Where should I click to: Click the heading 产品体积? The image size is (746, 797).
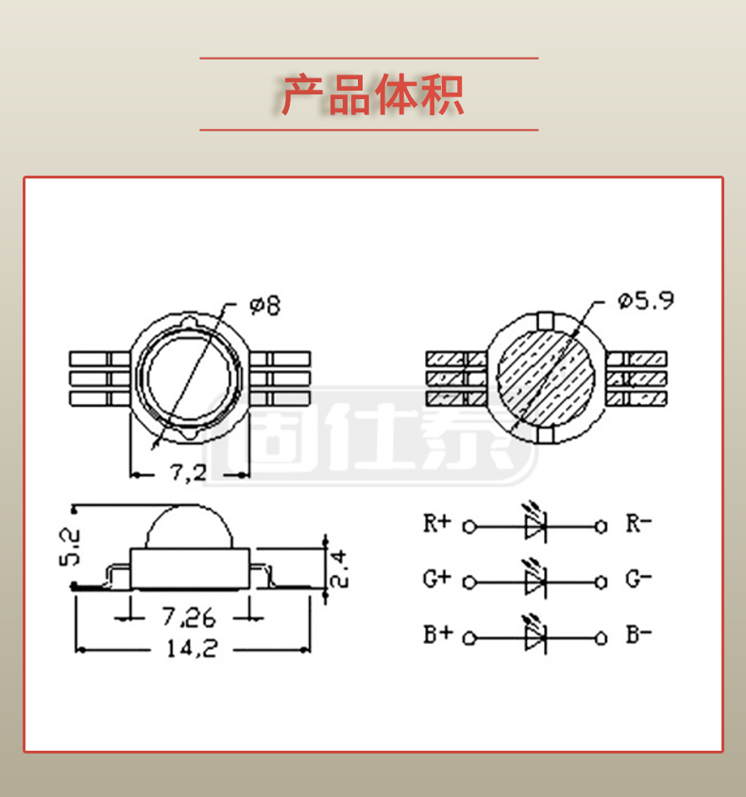[372, 94]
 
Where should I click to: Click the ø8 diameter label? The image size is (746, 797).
[264, 305]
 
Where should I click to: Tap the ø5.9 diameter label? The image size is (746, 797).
[646, 301]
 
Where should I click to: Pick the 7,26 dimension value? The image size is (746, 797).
[188, 618]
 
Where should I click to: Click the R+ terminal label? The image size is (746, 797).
[436, 522]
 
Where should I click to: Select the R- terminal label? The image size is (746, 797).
[639, 522]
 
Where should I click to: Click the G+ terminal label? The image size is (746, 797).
[436, 578]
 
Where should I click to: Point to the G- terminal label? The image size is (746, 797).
[639, 578]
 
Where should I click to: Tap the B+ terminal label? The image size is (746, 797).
[436, 635]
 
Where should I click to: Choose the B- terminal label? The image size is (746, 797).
[639, 635]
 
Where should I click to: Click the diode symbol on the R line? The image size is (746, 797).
[534, 526]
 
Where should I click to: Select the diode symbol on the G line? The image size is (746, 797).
[534, 582]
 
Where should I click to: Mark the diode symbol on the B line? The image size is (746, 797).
[534, 638]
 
